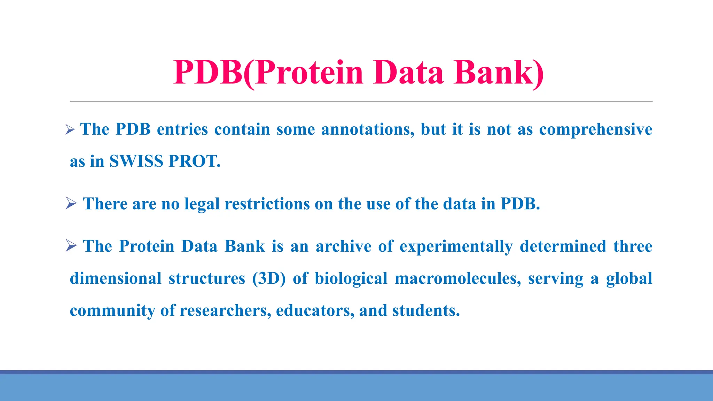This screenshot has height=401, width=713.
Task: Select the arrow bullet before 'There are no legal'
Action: [71, 203]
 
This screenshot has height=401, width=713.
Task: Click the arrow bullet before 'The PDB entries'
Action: [70, 130]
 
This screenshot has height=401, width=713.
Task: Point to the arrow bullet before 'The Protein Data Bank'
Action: [71, 246]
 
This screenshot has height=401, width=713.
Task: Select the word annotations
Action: [367, 129]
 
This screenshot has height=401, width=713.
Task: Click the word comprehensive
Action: [595, 129]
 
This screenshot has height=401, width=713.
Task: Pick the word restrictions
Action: [267, 204]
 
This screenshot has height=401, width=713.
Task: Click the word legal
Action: [202, 204]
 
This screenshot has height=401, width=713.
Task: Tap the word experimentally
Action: [456, 246]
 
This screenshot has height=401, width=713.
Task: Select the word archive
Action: [343, 246]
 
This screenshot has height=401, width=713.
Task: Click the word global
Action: [629, 278]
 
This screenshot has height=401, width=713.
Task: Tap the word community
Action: [112, 310]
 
